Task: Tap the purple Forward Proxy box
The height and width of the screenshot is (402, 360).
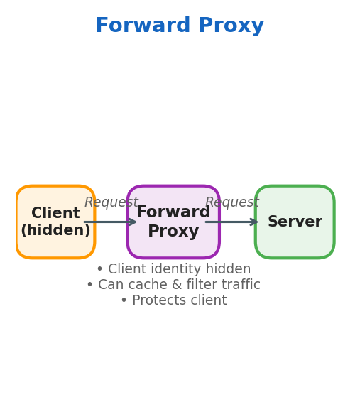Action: pos(173,245)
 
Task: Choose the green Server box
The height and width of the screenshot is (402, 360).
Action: pos(295,241)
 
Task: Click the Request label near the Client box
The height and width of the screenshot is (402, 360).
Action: pos(111,202)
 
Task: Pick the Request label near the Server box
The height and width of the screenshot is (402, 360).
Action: pos(231,202)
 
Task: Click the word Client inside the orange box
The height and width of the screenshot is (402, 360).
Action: pos(55,214)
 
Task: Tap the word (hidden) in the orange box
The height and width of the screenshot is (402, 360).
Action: pos(55,231)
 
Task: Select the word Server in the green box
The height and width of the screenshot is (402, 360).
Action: pos(295,222)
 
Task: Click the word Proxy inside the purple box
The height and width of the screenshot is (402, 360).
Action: pos(173,232)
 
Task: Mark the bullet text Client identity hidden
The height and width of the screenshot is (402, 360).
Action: pos(173,270)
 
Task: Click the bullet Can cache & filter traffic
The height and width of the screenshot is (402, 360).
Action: pos(173,286)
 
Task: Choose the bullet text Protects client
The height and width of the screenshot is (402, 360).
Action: pos(173,301)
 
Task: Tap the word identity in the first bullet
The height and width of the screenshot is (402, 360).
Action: pos(179,270)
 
